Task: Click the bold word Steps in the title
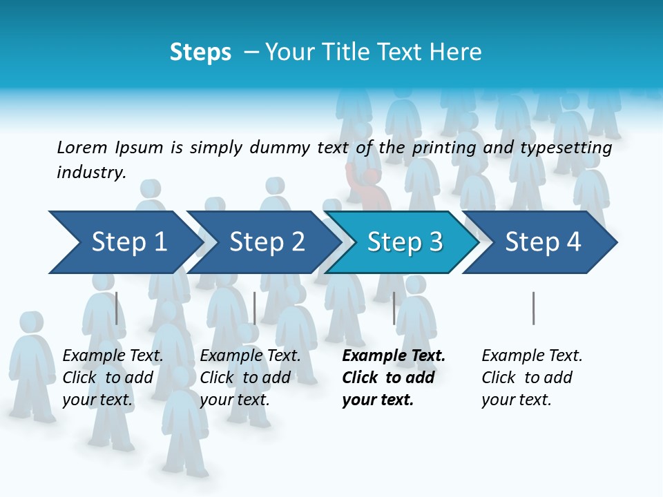[200, 52]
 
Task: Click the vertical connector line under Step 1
[116, 308]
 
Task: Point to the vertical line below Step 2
[255, 308]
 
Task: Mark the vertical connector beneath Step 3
[394, 308]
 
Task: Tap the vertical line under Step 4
[533, 308]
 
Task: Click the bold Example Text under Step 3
[394, 356]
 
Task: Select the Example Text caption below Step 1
[113, 356]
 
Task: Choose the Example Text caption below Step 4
[532, 356]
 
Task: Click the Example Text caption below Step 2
[250, 356]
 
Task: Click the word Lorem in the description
[82, 147]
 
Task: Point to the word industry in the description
[90, 173]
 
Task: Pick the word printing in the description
[444, 148]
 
